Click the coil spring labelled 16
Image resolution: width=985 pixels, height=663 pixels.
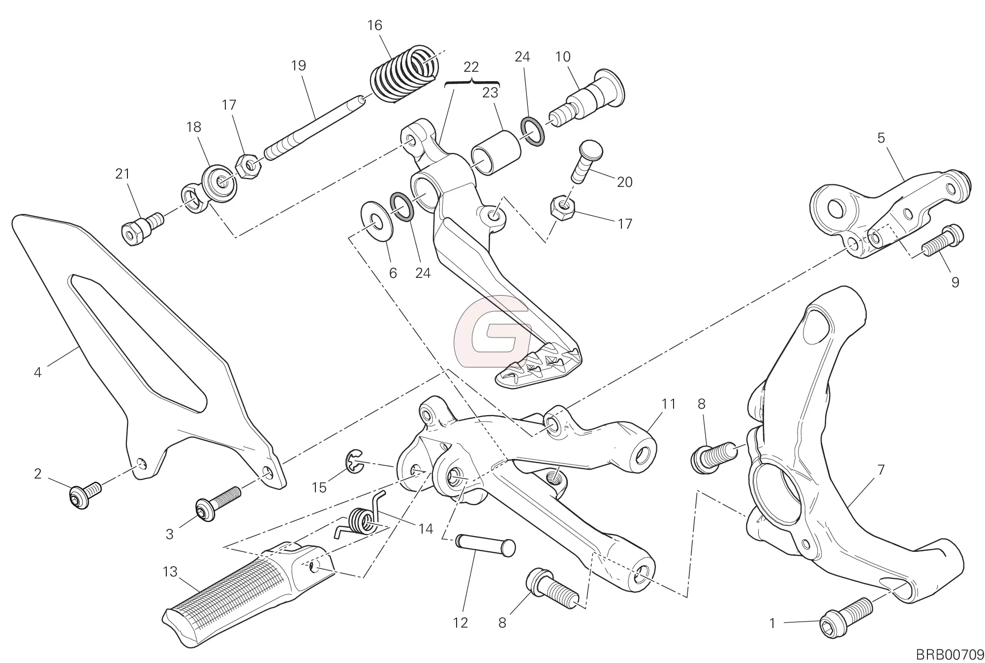point(403,74)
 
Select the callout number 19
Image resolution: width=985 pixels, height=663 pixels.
point(299,66)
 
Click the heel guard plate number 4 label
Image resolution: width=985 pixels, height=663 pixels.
point(38,372)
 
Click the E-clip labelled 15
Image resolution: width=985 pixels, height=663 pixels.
point(354,463)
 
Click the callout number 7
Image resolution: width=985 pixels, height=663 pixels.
point(881,470)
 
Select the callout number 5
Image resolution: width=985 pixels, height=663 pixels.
point(881,138)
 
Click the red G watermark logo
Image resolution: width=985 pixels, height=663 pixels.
point(492,331)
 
